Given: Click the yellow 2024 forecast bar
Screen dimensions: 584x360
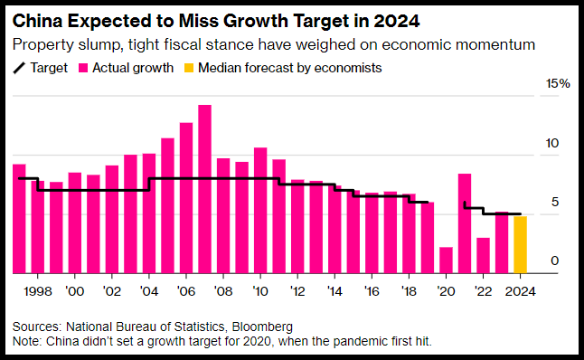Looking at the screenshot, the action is [x=521, y=245].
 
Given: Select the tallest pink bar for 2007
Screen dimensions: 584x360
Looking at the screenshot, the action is [x=204, y=189].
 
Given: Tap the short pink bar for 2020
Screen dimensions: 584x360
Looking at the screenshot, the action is [x=446, y=261].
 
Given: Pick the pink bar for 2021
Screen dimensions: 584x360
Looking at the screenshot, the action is [x=465, y=223].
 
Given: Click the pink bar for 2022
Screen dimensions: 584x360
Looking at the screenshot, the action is [x=483, y=256].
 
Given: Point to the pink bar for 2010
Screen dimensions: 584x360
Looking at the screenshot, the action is [x=260, y=211].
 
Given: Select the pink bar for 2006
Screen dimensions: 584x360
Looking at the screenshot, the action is [x=186, y=198].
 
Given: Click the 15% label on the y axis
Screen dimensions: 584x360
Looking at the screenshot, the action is [x=558, y=83].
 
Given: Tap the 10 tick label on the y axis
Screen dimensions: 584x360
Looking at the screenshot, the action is [x=552, y=143].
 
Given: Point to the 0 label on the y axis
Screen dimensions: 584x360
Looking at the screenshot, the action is [x=554, y=261].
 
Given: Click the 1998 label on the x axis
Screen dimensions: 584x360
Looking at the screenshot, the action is [x=38, y=291].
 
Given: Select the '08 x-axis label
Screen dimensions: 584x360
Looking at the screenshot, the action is [x=223, y=291].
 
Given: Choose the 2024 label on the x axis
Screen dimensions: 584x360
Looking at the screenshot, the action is [x=521, y=291].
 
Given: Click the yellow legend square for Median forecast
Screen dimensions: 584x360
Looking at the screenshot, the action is [x=189, y=68].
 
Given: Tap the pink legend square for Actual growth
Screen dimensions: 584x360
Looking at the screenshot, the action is [x=83, y=68].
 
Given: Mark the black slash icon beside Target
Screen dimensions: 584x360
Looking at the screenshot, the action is [x=19, y=68].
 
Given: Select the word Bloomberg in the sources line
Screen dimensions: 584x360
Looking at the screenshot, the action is [x=262, y=327].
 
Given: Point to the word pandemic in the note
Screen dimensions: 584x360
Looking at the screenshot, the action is [x=355, y=341].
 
